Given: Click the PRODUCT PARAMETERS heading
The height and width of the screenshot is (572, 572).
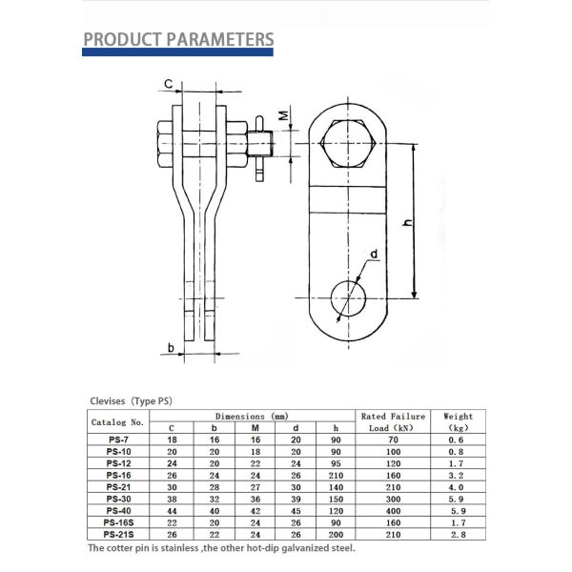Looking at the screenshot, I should point(178,39).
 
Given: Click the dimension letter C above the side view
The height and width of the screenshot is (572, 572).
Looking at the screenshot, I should point(168,85).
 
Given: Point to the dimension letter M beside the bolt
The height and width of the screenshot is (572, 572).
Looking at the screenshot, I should point(282,115).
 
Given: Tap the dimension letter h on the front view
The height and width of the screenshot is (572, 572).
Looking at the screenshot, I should point(407,221).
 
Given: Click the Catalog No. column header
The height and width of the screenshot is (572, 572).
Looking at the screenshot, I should point(117,421).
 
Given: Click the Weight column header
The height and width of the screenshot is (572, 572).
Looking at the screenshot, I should point(458,421).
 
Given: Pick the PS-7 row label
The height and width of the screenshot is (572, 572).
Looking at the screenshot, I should point(118,439).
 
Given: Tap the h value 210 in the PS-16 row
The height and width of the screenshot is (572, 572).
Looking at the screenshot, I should point(335,475).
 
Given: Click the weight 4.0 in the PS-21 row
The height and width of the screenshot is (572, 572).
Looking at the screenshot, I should point(458,487).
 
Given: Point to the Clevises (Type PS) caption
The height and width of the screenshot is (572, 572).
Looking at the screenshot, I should point(132,401).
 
